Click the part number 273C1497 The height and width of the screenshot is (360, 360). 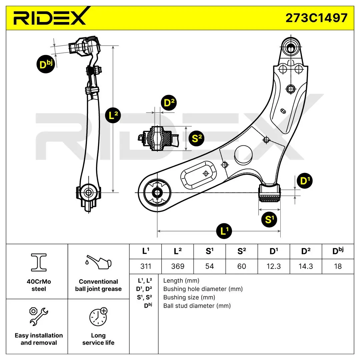[x=316, y=18]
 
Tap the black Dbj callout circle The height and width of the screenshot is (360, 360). [x=46, y=64]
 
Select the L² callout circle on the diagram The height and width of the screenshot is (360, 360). [x=113, y=115]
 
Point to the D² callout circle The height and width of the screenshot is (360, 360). [x=169, y=103]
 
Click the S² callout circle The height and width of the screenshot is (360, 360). [x=196, y=138]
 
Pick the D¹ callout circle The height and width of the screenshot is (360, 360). [x=305, y=181]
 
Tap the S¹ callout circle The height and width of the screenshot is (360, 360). [x=269, y=219]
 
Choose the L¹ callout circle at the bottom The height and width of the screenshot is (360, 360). [x=224, y=231]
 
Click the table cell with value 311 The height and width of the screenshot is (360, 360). [x=146, y=266]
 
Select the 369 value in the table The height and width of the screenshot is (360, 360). [x=178, y=266]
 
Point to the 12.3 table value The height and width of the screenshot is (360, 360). [x=274, y=266]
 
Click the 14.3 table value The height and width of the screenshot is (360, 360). [x=306, y=266]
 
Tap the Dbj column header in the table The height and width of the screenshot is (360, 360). [x=338, y=251]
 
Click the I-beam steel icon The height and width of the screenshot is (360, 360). [x=39, y=262]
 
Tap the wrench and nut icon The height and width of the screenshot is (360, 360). [x=39, y=316]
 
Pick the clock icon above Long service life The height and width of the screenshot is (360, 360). [x=98, y=317]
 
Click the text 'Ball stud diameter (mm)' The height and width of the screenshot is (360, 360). [x=197, y=306]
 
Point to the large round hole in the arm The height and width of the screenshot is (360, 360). [x=243, y=155]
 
